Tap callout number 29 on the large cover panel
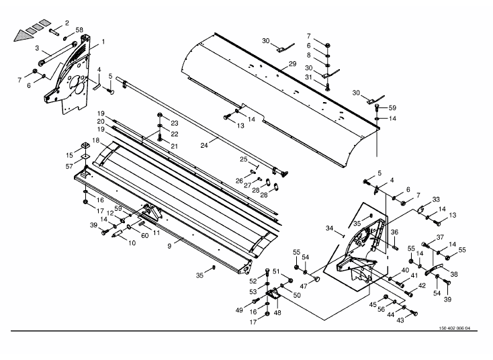pyautogui.click(x=292, y=64)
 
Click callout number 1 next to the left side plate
pyautogui.click(x=103, y=42)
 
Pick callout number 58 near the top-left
pyautogui.click(x=79, y=30)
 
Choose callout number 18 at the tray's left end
pyautogui.click(x=96, y=140)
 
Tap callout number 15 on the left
pyautogui.click(x=69, y=154)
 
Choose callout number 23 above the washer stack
pyautogui.click(x=174, y=123)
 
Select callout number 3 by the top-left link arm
pyautogui.click(x=38, y=48)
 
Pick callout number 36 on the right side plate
pyautogui.click(x=395, y=232)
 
